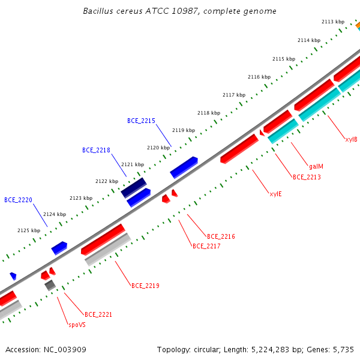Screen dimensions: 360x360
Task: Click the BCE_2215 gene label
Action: pyautogui.click(x=141, y=121)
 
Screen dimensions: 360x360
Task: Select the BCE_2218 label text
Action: pyautogui.click(x=96, y=150)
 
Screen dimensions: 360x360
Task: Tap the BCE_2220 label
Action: pyautogui.click(x=18, y=200)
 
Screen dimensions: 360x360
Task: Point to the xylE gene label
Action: pyautogui.click(x=275, y=194)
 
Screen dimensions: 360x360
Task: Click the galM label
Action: pyautogui.click(x=316, y=166)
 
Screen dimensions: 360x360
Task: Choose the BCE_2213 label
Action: pyautogui.click(x=307, y=177)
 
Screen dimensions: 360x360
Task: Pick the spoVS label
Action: pyautogui.click(x=77, y=325)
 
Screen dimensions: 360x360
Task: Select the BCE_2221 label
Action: pyautogui.click(x=98, y=314)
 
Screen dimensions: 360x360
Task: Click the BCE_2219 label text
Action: pyautogui.click(x=145, y=286)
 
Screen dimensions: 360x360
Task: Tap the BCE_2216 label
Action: pyautogui.click(x=221, y=236)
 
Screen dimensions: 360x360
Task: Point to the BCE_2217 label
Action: pyautogui.click(x=206, y=246)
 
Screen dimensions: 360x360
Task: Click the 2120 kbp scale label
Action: pyautogui.click(x=158, y=148)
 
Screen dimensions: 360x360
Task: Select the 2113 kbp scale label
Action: pyautogui.click(x=333, y=22)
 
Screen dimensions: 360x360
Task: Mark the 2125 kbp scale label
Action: pyautogui.click(x=29, y=230)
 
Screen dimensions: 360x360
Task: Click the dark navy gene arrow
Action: pyautogui.click(x=134, y=188)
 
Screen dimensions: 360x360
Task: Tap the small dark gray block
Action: pyautogui.click(x=50, y=286)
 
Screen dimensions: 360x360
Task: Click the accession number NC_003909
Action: pyautogui.click(x=65, y=350)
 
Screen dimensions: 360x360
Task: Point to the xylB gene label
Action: pyautogui.click(x=351, y=139)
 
